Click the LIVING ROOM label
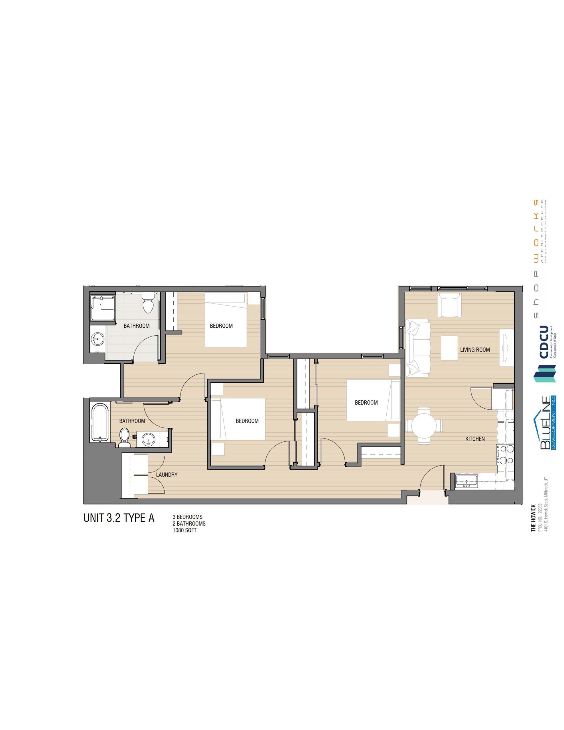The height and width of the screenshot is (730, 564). [x=474, y=350]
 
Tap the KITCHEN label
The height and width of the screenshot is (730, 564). [x=475, y=439]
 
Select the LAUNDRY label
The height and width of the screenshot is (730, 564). [x=166, y=474]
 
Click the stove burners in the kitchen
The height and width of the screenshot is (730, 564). [x=505, y=455]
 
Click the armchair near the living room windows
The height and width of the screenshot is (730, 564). [x=449, y=305]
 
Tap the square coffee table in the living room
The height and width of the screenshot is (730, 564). [x=449, y=348]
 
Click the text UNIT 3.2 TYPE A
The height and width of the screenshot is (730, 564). [x=119, y=518]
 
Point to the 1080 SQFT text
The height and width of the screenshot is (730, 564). [x=184, y=530]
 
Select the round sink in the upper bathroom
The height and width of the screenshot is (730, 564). [x=97, y=339]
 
